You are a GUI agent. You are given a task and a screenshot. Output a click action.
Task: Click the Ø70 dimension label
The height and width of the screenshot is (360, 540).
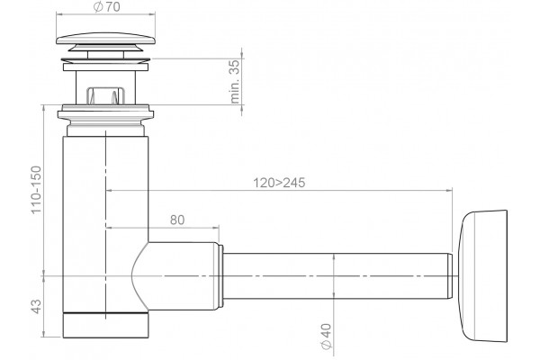(x=107, y=7)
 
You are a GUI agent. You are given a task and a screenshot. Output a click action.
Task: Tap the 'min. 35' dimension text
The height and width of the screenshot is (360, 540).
(x=235, y=82)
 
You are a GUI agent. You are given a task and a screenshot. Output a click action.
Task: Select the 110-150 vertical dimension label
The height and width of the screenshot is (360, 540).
(x=36, y=190)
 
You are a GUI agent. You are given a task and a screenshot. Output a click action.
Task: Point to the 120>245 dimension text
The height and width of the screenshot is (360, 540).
(x=279, y=183)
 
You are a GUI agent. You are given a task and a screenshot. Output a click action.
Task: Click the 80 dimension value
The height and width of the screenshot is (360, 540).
(x=177, y=220)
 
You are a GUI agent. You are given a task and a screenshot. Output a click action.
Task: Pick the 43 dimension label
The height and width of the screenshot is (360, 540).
(x=36, y=306)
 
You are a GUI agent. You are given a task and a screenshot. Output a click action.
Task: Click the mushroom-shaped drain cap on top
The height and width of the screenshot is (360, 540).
(x=105, y=39)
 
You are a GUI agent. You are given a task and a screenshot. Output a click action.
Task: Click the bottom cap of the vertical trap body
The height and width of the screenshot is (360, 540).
(x=105, y=325)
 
